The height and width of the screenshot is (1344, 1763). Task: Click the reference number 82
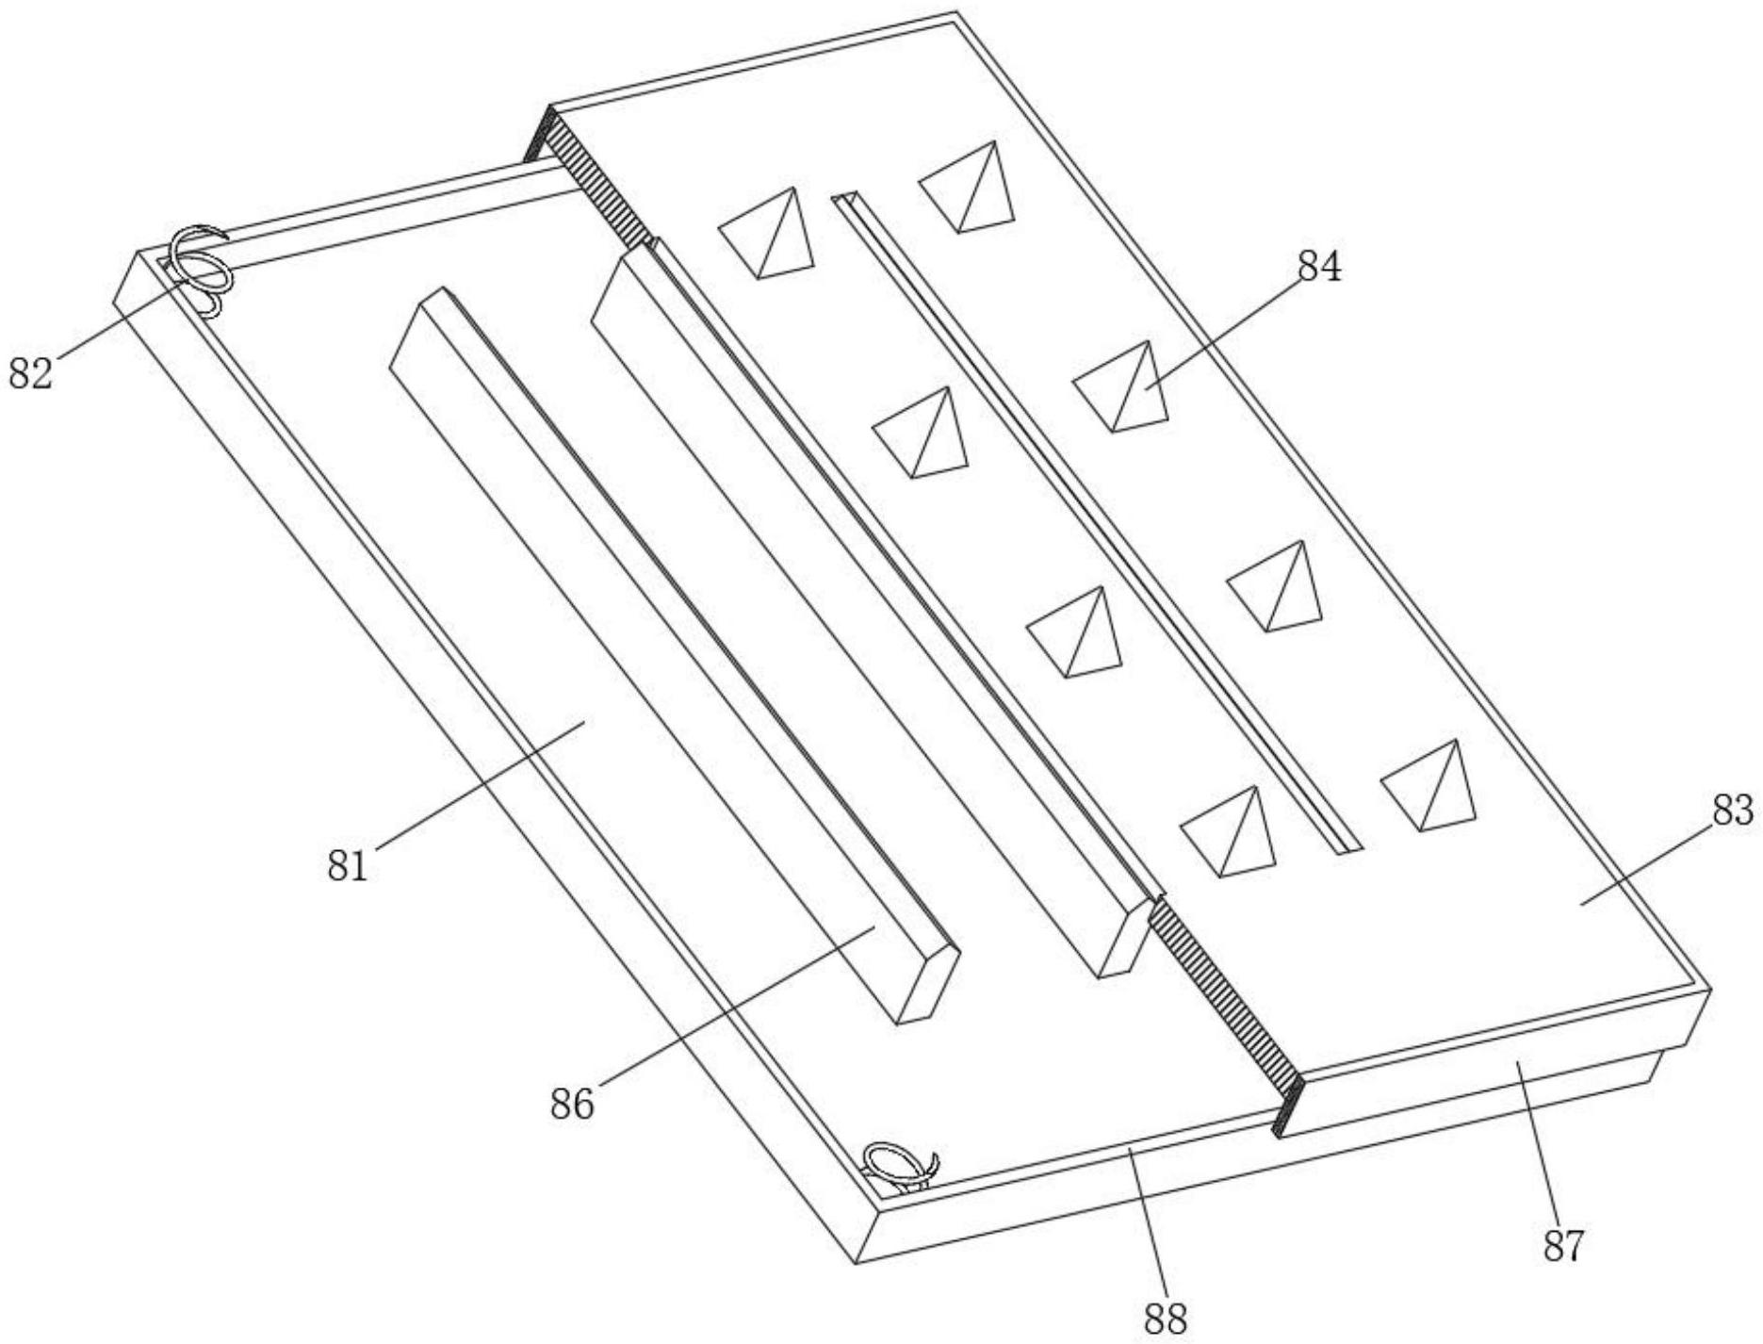pos(30,373)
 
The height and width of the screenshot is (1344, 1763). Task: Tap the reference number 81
pos(347,865)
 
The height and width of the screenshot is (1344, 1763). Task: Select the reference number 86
pos(572,1104)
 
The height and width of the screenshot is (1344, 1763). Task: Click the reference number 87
pos(1563,1245)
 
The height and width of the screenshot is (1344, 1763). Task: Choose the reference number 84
pos(1319,268)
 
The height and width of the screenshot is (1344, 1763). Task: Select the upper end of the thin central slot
pos(844,200)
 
